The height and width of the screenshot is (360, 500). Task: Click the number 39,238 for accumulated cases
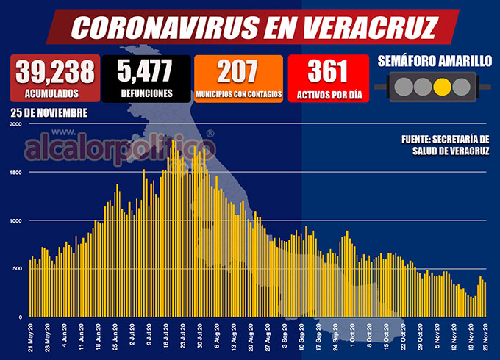pyautogui.click(x=55, y=71)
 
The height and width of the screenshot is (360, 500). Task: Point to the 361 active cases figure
pyautogui.click(x=327, y=71)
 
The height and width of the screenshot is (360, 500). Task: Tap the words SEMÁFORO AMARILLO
pyautogui.click(x=435, y=61)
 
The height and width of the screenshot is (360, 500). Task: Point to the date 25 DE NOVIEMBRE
pyautogui.click(x=49, y=112)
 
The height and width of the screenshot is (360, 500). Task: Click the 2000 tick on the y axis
pyautogui.click(x=15, y=124)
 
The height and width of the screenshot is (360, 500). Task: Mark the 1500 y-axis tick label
pyautogui.click(x=15, y=173)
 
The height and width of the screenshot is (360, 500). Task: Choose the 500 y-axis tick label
pyautogui.click(x=17, y=269)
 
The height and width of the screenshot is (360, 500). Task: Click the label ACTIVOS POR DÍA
pyautogui.click(x=327, y=93)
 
